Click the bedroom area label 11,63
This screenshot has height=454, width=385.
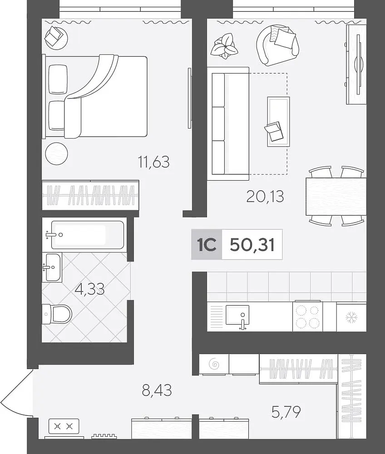tap(154, 162)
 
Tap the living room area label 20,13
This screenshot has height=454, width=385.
tap(265, 196)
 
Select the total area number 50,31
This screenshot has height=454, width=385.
tap(252, 245)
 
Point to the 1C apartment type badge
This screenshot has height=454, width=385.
tap(207, 245)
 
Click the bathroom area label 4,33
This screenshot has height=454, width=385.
tap(90, 289)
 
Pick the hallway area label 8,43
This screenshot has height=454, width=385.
tap(157, 390)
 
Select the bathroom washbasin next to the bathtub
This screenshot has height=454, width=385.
tap(52, 267)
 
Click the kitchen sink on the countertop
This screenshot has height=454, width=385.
tap(237, 315)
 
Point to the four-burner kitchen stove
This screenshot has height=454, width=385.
tap(307, 316)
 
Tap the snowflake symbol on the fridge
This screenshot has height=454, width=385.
tap(351, 317)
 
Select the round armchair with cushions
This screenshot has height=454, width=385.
tap(277, 45)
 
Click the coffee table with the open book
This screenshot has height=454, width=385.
tap(278, 122)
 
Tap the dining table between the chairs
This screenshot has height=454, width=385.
tap(336, 196)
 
